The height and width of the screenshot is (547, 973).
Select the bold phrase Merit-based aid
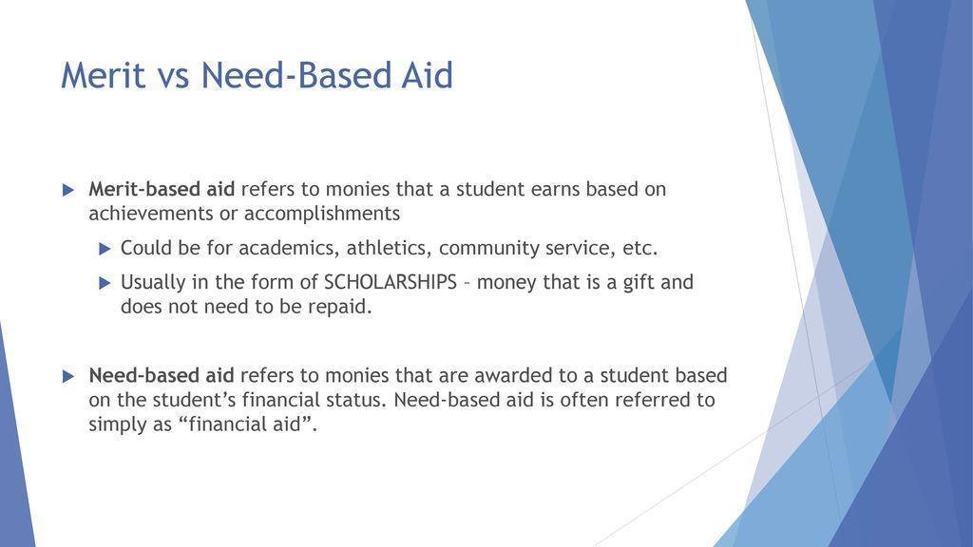click(161, 189)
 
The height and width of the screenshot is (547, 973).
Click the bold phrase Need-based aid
click(161, 375)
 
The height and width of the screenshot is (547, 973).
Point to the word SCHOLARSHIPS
click(391, 283)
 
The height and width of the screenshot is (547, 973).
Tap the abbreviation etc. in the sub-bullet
click(639, 249)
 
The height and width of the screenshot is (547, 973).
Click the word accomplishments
click(322, 213)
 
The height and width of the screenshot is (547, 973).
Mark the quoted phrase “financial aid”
click(244, 424)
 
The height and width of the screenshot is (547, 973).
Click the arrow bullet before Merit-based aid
click(67, 190)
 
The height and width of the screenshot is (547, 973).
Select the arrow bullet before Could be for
click(105, 249)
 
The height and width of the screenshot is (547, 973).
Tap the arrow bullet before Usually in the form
click(105, 283)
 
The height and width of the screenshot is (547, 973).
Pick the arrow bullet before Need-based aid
click(67, 376)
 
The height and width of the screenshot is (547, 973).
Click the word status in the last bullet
click(352, 400)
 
